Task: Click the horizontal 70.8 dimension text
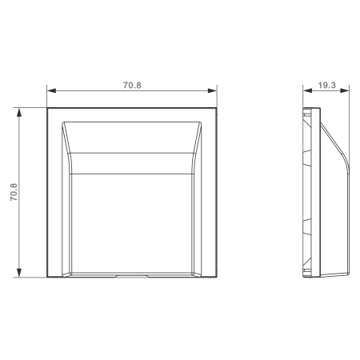(132, 86)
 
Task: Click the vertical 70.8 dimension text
(14, 192)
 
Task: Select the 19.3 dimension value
(326, 86)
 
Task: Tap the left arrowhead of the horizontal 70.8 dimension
(51, 90)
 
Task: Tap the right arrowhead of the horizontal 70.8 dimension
(212, 90)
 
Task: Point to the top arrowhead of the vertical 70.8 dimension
(19, 113)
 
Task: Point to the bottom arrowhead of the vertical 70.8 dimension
(19, 273)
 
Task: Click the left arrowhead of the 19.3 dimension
(307, 90)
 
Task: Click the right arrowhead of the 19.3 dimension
(345, 90)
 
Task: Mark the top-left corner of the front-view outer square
(47, 108)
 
